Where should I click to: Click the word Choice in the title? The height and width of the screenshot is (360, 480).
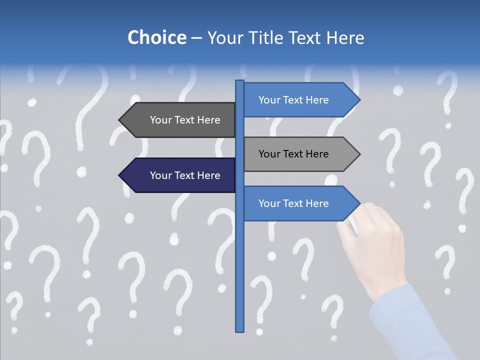coord(156,37)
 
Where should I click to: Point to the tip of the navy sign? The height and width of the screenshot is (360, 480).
coord(120,175)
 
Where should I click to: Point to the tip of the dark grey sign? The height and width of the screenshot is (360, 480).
coord(120,120)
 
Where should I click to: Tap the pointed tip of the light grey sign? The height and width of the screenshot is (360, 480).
coord(359,154)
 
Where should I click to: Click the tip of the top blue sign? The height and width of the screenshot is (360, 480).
coord(359,100)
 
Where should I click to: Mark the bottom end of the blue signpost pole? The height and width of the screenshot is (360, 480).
coord(240,330)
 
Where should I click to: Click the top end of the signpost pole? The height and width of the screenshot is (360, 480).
coord(240,82)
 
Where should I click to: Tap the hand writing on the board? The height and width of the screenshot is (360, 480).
coord(372,245)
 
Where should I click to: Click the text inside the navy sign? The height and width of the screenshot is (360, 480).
coord(185,175)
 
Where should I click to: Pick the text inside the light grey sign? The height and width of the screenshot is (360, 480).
coord(293,154)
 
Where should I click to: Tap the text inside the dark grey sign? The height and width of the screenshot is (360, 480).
coord(185,120)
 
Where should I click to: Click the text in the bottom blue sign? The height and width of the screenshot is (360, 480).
coord(293,203)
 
